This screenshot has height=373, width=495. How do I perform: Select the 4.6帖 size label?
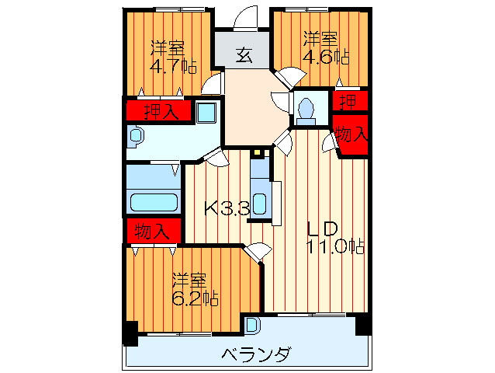pos(325,56)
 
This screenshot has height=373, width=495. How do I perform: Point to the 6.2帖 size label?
pos(194,298)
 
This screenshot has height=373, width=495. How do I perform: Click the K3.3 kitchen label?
pos(227,208)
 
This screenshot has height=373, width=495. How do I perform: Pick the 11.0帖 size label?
pos(334,246)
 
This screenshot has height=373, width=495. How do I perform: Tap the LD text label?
pos(320,228)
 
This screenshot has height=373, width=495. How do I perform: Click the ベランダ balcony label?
pos(256,354)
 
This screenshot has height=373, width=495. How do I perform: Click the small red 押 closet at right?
pos(349,101)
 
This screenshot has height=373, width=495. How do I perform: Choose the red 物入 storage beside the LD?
pos(351,135)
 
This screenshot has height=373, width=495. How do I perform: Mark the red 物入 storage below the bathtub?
pos(153,231)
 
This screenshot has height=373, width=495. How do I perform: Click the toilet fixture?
pos(306,110)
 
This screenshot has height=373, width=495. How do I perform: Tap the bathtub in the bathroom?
pos(154,203)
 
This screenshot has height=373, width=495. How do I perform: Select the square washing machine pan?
pos(206,112)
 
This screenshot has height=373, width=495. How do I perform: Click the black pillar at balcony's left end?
pos(130,333)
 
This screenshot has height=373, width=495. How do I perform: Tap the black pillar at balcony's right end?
pos(362,325)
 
